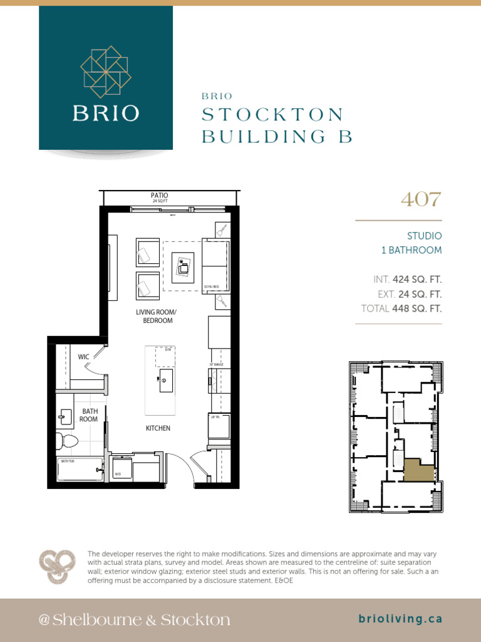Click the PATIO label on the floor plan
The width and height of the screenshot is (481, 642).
159,196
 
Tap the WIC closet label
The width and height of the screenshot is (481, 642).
84,357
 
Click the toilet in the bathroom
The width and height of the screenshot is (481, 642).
66,441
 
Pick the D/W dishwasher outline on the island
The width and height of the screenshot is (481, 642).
165,356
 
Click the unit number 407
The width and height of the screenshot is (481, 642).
421,200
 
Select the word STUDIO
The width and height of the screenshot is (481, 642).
425,236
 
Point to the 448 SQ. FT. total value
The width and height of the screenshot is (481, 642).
417,308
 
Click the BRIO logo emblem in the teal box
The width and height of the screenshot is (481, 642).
105,71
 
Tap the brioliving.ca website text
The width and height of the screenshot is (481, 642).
401,619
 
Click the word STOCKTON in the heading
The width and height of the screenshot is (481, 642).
273,115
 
